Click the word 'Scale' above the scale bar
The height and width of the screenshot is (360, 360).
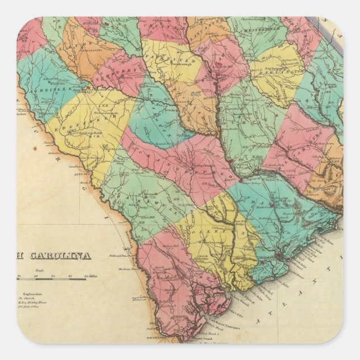51,270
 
